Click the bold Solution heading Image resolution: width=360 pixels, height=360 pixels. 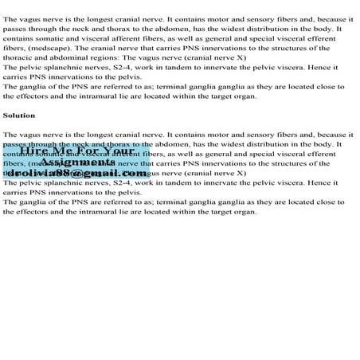tap(19, 115)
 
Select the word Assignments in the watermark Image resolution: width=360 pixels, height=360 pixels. tap(75, 162)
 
